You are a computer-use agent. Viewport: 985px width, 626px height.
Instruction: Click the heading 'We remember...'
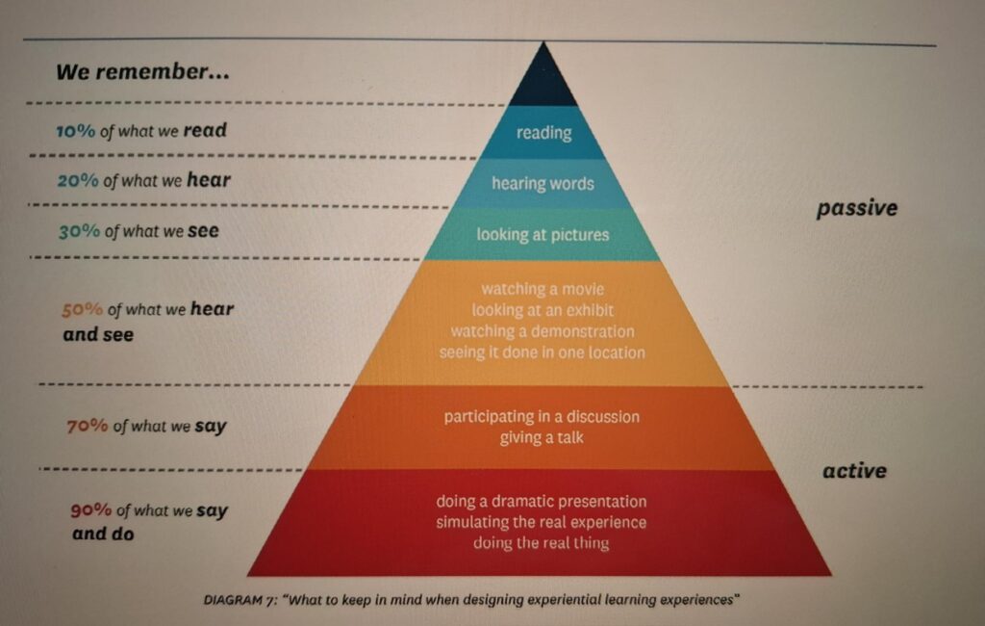(141, 72)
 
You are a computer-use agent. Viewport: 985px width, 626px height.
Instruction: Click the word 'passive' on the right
(856, 208)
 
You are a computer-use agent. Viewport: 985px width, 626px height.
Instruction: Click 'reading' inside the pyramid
(543, 133)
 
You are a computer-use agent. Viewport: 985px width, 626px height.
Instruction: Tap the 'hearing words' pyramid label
(543, 183)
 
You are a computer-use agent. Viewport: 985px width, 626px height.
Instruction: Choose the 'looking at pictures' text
(543, 234)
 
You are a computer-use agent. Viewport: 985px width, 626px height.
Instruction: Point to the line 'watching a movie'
(543, 288)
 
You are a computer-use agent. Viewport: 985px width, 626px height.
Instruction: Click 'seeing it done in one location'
(542, 352)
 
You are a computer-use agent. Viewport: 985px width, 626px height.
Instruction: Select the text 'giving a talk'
(542, 438)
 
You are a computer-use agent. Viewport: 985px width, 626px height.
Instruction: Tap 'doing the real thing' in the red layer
(541, 543)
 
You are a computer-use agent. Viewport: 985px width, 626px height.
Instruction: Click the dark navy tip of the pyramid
(543, 82)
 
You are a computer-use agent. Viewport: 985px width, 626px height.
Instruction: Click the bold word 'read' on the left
(204, 130)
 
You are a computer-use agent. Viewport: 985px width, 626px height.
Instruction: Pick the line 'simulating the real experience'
(541, 522)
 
